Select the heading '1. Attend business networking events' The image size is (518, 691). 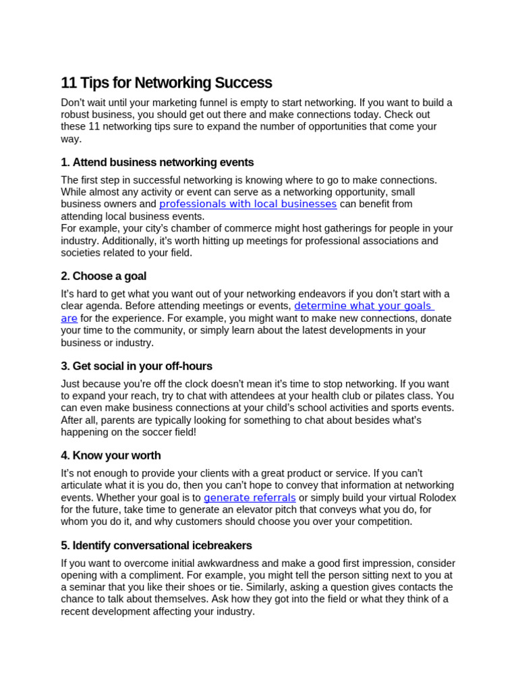click(x=157, y=162)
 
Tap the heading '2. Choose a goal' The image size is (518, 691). click(x=103, y=276)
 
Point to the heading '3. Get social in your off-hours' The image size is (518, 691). click(x=136, y=366)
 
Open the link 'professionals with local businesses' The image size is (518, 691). click(x=248, y=204)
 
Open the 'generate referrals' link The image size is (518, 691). click(x=250, y=497)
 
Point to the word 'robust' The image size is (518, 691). click(x=76, y=115)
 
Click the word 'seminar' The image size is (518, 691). click(x=90, y=587)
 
